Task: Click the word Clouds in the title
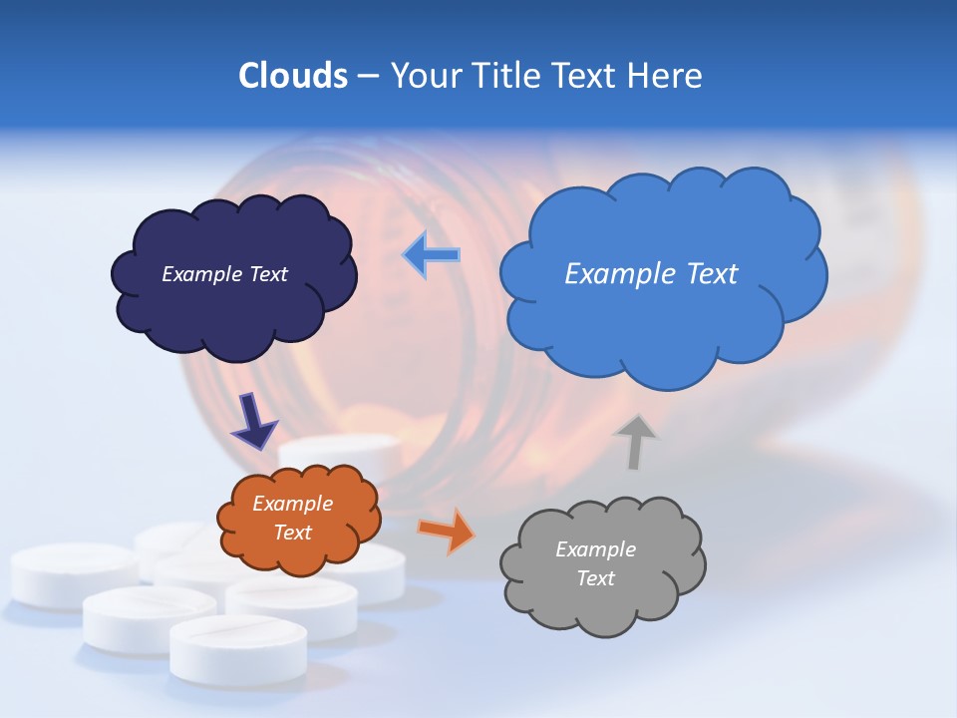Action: click(293, 76)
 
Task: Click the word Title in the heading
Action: click(507, 76)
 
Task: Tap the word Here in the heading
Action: click(665, 76)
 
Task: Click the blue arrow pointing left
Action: click(433, 255)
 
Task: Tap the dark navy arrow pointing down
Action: click(254, 421)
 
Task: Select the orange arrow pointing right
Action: click(447, 531)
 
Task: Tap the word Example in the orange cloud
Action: click(292, 504)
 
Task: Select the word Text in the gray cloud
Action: click(595, 578)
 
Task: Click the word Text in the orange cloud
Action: click(292, 533)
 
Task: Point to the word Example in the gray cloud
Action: click(595, 549)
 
